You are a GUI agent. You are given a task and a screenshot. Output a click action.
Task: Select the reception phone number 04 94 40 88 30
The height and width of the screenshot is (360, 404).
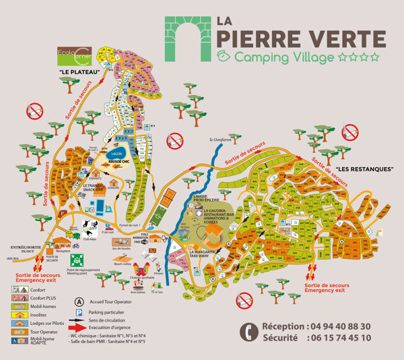333,326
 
